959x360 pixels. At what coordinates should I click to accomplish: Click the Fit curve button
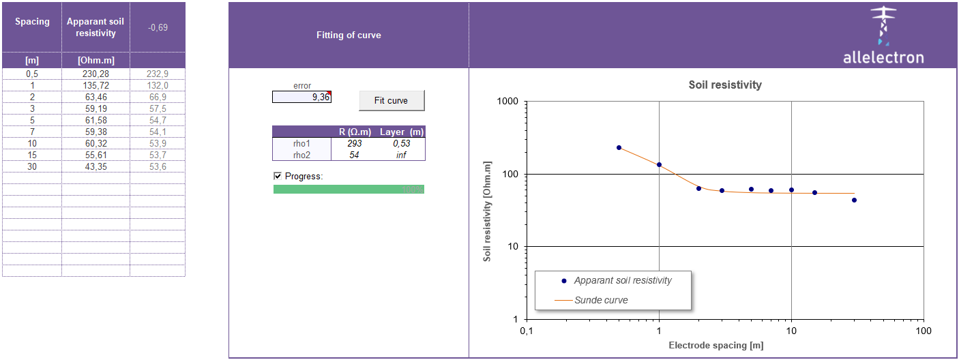[392, 100]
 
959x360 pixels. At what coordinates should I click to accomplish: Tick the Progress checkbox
[278, 176]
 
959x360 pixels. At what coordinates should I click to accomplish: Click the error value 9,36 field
[301, 97]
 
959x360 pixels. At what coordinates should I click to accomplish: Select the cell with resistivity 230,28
[95, 74]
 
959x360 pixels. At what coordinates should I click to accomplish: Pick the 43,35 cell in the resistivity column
[95, 166]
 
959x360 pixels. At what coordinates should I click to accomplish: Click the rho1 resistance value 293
[355, 143]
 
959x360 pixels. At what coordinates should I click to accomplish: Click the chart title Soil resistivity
[725, 85]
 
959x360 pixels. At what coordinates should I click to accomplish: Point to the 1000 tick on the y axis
[509, 102]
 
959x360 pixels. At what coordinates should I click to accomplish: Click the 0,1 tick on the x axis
[526, 331]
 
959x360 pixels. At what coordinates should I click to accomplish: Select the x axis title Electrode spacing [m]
[716, 345]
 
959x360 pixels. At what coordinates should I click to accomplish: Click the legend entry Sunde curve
[601, 299]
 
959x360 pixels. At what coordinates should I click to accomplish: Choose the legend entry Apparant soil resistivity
[622, 280]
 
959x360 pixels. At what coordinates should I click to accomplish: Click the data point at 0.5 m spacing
[619, 147]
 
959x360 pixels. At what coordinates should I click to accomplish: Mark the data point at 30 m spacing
[854, 200]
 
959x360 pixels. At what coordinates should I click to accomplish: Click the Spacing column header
[32, 22]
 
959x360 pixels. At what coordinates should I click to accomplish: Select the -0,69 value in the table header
[158, 27]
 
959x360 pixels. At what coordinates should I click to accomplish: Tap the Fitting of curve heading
[349, 35]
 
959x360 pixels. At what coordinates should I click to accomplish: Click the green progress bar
[349, 189]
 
